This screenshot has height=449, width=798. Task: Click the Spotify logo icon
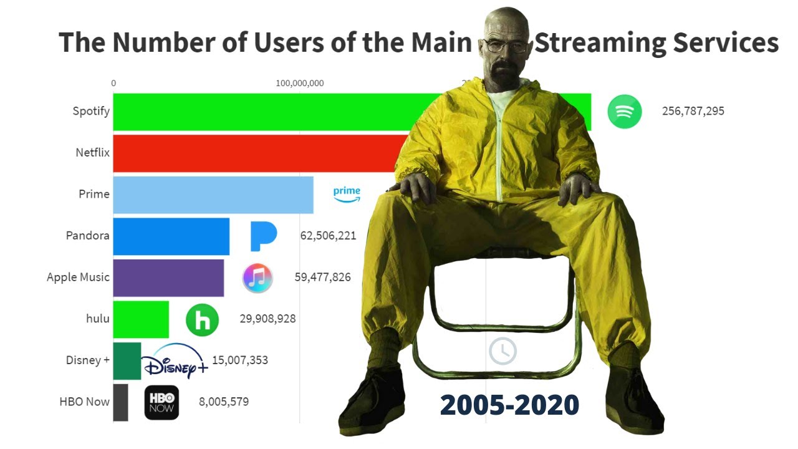(625, 112)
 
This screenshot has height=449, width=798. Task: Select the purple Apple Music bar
(168, 278)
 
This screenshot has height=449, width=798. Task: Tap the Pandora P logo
(263, 236)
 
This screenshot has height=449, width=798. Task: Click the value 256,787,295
(693, 112)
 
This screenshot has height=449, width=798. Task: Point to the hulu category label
(98, 319)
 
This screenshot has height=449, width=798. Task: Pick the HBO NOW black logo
(161, 402)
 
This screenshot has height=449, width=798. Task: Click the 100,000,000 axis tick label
(300, 84)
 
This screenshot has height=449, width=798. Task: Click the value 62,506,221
(328, 236)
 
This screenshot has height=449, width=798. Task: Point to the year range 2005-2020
(509, 405)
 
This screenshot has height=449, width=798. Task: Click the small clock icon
(502, 351)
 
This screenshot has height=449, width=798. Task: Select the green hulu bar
(141, 319)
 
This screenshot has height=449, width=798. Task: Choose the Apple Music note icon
(257, 278)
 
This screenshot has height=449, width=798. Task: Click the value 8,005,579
(224, 402)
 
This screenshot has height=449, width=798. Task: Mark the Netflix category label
(92, 153)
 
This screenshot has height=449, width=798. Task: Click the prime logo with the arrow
(347, 194)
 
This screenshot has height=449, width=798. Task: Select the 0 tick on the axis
(113, 84)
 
